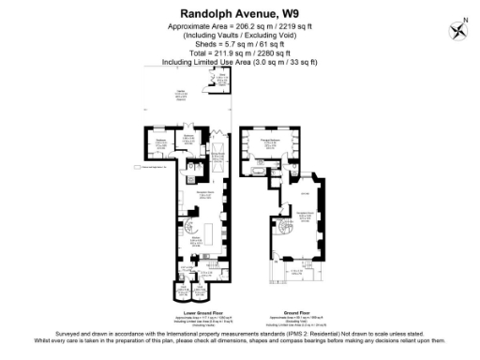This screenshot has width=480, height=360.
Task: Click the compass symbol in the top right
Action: click(x=458, y=29)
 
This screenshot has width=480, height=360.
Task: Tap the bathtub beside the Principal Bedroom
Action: click(x=258, y=169)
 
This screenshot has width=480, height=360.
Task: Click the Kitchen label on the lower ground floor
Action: click(x=197, y=241)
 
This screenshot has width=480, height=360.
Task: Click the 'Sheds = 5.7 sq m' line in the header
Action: click(x=239, y=45)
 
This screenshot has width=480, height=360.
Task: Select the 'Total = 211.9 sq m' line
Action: click(x=239, y=53)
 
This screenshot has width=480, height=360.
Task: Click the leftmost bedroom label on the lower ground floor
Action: click(x=160, y=142)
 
